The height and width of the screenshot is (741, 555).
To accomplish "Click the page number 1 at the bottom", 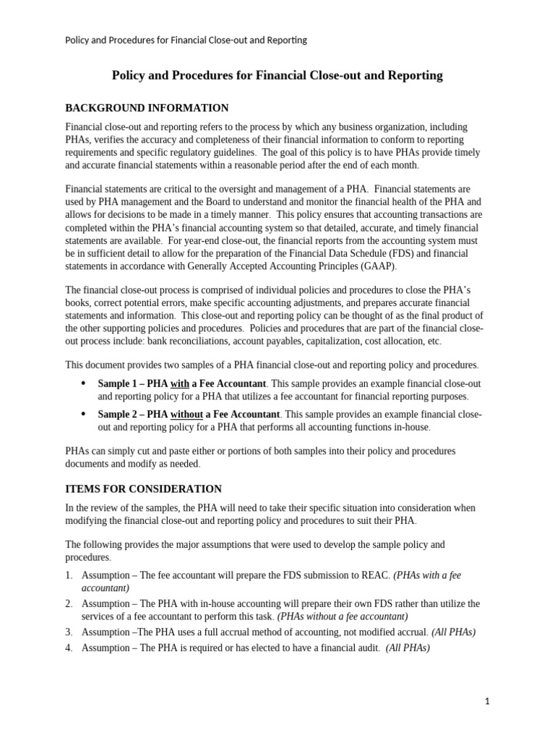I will coord(488,701).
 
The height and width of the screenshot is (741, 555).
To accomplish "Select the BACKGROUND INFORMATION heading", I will coord(147,108).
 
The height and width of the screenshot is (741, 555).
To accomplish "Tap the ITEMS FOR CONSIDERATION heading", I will coord(144,489).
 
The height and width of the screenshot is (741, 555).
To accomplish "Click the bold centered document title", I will coord(277,75).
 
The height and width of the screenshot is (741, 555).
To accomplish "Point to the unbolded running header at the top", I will coord(186,40).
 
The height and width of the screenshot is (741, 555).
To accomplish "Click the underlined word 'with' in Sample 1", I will coord(179,384).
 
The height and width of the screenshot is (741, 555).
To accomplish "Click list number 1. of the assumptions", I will coord(69,575).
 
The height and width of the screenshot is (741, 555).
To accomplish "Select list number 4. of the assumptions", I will coord(69,648).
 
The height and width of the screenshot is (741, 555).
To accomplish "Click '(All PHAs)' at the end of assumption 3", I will coord(453,632).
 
